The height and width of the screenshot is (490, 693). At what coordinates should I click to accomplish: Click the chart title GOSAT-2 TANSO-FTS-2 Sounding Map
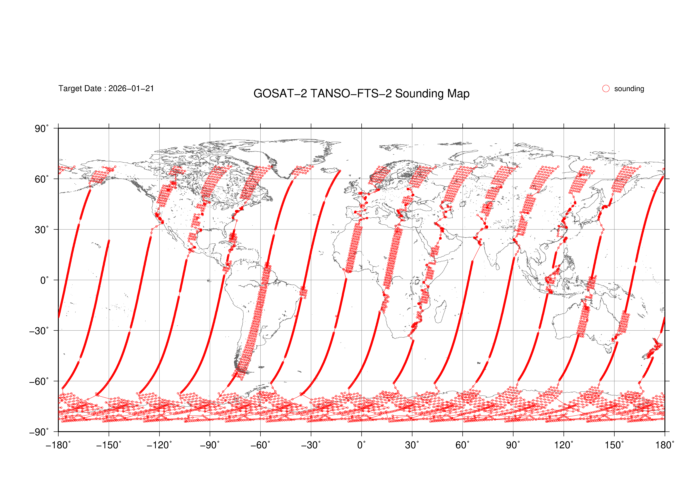click(x=361, y=94)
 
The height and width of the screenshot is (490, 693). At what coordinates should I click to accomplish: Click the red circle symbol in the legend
click(x=606, y=88)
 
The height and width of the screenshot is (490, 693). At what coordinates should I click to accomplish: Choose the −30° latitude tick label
click(x=39, y=331)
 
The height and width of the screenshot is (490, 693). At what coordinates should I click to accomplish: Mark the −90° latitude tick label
click(x=39, y=432)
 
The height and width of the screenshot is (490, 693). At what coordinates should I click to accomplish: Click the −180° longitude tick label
click(x=58, y=445)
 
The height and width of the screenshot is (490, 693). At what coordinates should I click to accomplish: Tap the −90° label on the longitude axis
click(x=210, y=445)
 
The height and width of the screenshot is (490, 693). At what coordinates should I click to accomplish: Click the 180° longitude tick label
click(x=664, y=445)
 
